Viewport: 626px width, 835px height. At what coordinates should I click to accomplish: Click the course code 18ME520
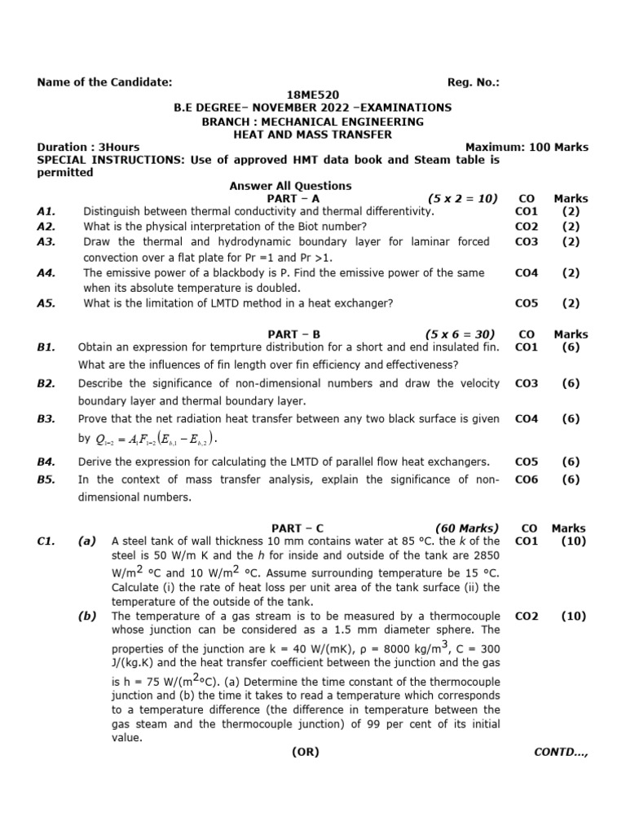tap(314, 95)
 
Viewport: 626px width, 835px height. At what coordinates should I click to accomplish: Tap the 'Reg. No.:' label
tap(474, 82)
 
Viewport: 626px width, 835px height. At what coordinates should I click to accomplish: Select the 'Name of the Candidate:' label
tap(105, 82)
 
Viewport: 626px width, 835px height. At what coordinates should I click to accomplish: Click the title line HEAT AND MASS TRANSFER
tap(313, 135)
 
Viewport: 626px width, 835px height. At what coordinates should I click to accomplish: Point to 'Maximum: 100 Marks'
tap(527, 148)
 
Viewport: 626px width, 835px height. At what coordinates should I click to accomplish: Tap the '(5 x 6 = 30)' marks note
tap(460, 334)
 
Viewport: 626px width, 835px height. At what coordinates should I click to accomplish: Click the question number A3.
tap(46, 242)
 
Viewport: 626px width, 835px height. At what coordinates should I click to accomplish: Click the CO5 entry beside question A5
tap(527, 303)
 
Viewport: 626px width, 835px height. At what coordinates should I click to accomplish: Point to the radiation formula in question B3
tap(157, 440)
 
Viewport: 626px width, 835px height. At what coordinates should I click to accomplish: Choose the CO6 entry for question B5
tap(527, 480)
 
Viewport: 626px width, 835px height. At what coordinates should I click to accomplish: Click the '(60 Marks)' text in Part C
tap(467, 528)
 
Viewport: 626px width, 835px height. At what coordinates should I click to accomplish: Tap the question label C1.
tap(46, 541)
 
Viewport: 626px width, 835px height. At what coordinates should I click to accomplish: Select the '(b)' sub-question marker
tap(87, 616)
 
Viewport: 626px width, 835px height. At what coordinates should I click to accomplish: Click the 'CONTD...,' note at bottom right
tap(560, 753)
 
